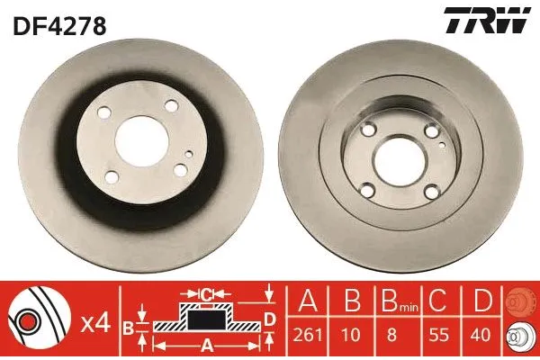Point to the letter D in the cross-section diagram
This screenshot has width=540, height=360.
coord(269,319)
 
